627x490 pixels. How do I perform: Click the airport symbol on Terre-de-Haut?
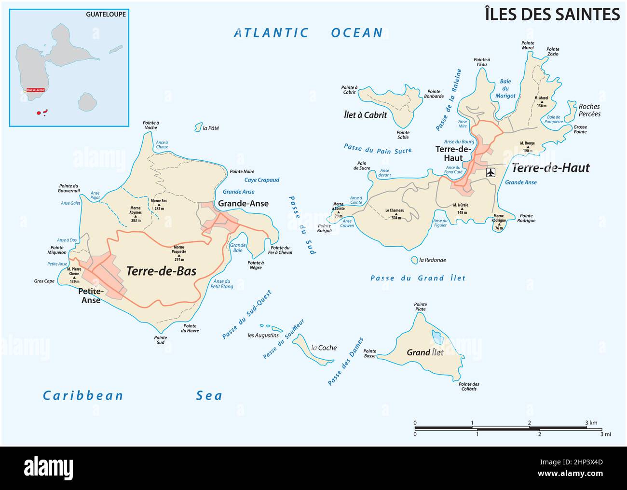coord(491,172)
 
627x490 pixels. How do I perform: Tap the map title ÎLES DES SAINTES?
coord(552,14)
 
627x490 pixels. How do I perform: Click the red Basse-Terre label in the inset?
coord(35,90)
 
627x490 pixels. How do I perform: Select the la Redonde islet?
coord(414,260)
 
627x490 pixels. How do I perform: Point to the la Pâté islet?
coord(198,127)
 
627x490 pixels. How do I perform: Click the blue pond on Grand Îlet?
coord(436,335)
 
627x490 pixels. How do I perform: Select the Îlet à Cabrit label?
coord(365,115)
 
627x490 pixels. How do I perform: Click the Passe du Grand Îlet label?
coord(418,278)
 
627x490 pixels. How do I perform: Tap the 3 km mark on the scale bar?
coord(591,423)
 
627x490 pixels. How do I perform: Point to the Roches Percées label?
coord(589,110)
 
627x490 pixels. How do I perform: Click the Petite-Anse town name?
coord(91,296)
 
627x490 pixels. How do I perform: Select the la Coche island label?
coord(324,348)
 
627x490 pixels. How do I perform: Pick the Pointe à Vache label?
coord(150,125)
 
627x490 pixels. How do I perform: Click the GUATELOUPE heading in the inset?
coord(106,14)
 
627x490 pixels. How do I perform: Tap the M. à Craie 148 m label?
coord(461,209)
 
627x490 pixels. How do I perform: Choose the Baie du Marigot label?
coord(505,88)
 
